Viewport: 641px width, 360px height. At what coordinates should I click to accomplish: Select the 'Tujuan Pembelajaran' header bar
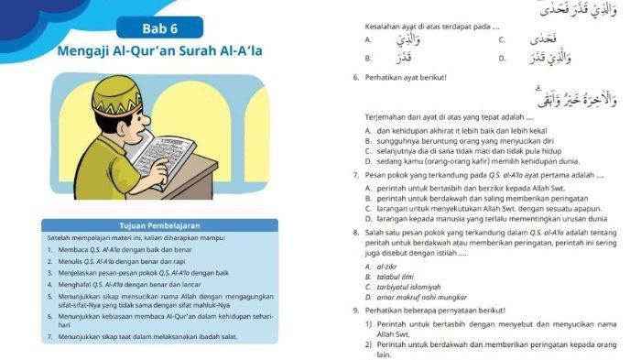pos(160,224)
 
